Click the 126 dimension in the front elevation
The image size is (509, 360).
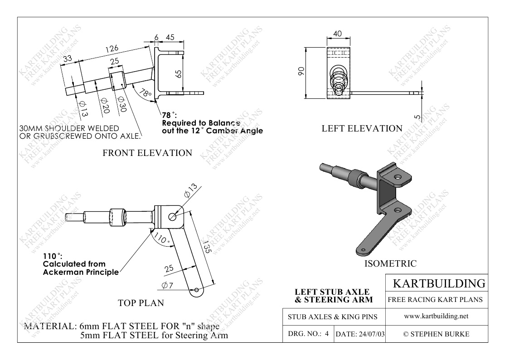point(112,49)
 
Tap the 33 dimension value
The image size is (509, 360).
point(68,59)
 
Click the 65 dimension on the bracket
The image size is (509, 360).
point(179,74)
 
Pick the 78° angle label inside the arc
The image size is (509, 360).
point(145,93)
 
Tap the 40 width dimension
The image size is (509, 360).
point(338,34)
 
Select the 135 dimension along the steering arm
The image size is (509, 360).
point(207,247)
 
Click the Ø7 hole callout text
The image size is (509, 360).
point(168,285)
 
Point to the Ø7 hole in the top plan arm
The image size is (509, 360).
point(196,290)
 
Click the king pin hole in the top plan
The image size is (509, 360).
point(173,216)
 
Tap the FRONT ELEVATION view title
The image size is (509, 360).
point(147,153)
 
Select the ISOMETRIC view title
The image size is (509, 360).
point(390,263)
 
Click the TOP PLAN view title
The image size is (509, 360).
point(141,303)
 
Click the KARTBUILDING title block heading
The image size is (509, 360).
point(439,283)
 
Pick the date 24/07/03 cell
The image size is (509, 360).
point(360,334)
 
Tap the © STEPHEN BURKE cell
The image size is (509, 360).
point(436,334)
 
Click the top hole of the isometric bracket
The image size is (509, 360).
point(398,177)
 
